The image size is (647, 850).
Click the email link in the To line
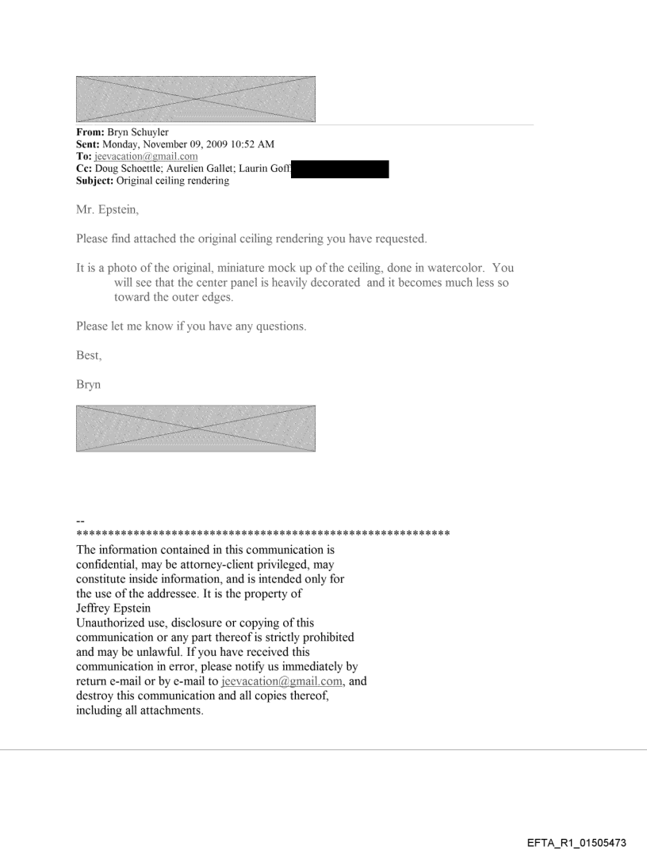tap(140, 157)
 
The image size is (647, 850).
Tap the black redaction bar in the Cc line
tap(340, 169)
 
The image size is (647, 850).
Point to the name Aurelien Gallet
tap(209, 169)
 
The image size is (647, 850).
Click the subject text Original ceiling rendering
tap(170, 181)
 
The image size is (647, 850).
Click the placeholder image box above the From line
tap(195, 99)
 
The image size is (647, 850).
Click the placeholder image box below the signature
tap(195, 429)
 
